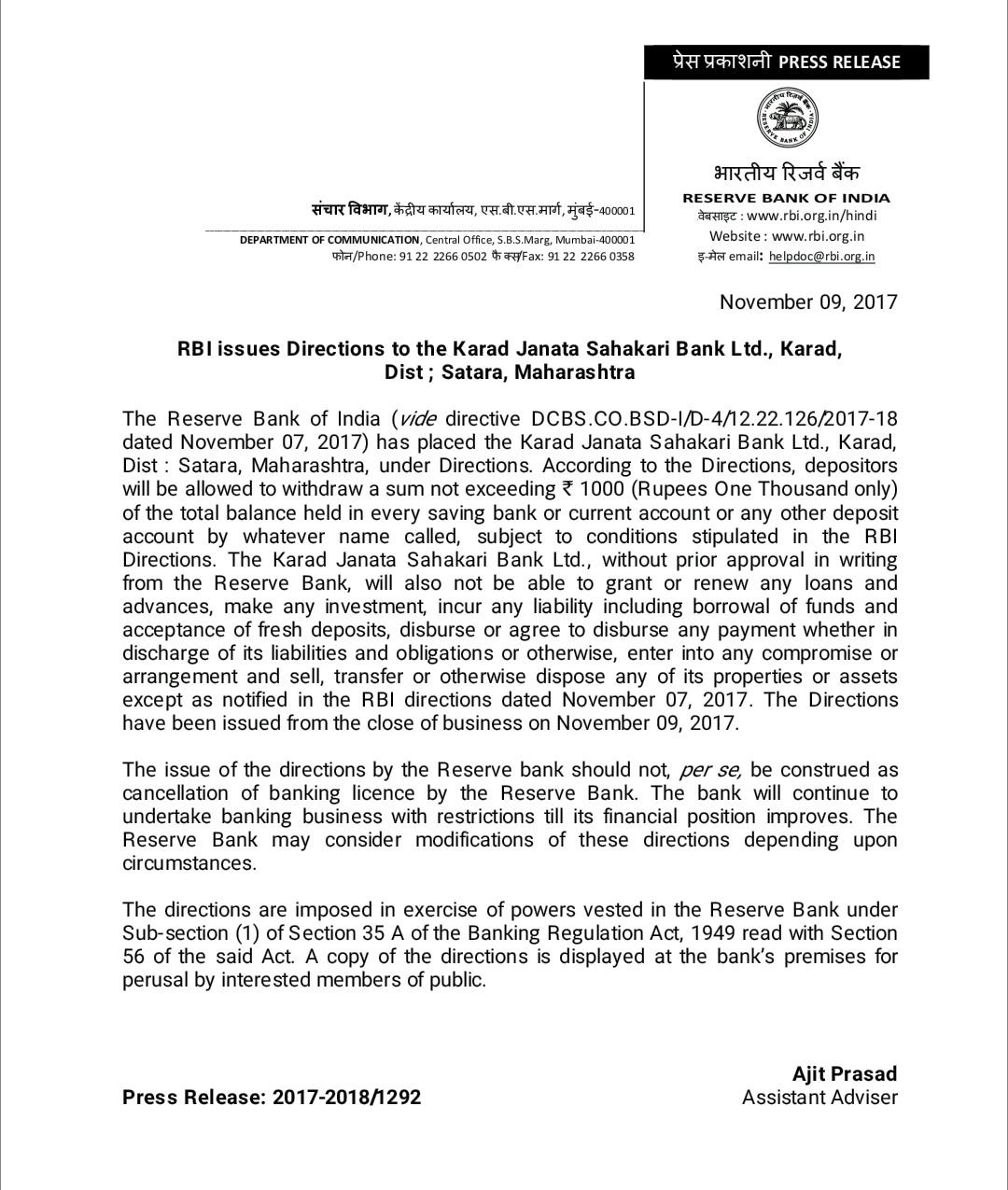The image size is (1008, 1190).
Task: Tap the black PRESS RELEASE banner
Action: [x=786, y=62]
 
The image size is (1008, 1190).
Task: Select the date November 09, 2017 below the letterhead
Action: [x=808, y=301]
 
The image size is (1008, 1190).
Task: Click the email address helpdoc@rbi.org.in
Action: [x=822, y=256]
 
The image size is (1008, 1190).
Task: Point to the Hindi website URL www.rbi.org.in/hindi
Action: [x=812, y=216]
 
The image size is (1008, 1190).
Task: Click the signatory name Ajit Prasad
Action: [x=845, y=1073]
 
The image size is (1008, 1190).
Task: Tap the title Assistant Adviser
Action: [x=819, y=1097]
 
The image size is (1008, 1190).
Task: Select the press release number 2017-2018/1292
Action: [x=346, y=1097]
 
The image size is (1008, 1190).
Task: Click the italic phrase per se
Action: [x=710, y=770]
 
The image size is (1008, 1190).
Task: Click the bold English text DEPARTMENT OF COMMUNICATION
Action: [x=329, y=240]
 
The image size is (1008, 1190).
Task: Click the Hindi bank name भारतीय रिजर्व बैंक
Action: [x=786, y=173]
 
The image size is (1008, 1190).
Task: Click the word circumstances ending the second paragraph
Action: [x=189, y=863]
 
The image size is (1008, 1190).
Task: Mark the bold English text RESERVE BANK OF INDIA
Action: [x=786, y=198]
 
